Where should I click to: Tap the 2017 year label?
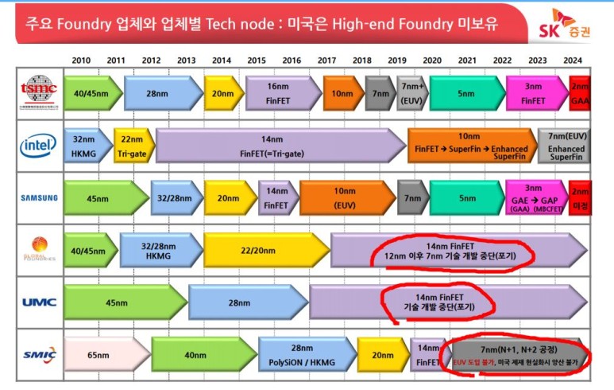coord(326,60)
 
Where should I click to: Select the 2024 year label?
coord(573,60)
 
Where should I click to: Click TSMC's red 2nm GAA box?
coord(579,93)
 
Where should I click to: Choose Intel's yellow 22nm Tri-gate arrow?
coord(133,144)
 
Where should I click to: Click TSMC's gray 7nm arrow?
coord(380,93)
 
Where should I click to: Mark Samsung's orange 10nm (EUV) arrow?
coord(346,197)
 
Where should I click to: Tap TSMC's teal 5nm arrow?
coord(466,93)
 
